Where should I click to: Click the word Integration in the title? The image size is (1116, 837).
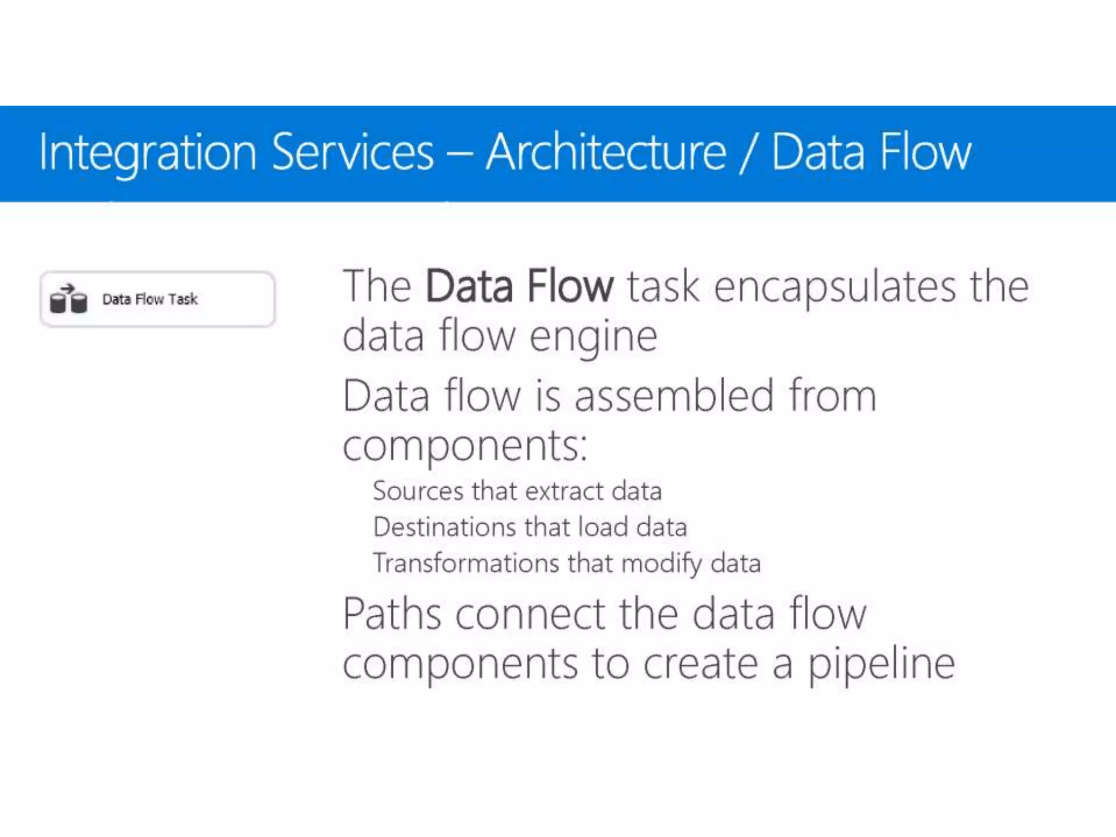coord(147,153)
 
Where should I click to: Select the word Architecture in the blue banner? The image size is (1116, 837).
coord(606,152)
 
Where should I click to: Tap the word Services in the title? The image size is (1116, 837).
coord(353,152)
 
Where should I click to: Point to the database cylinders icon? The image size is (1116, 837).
coord(68,300)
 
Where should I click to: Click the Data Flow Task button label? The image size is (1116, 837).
coord(150,299)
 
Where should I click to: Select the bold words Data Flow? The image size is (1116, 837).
coord(519,286)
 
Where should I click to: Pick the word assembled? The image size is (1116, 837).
coord(674,396)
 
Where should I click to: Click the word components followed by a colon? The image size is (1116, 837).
coord(464,446)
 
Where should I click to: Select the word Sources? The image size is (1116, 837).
coord(418,491)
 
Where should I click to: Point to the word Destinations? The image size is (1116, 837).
coord(445,527)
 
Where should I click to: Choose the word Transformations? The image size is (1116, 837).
coord(466,563)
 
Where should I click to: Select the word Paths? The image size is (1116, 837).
coord(392,614)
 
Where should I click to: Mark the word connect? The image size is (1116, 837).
coord(530,614)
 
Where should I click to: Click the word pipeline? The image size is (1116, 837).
coord(881,665)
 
